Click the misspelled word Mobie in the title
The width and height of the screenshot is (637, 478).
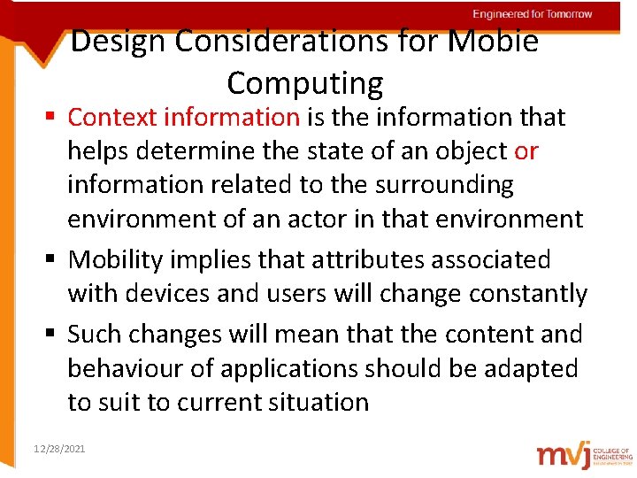[495, 42]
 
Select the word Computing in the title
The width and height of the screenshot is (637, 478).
[305, 83]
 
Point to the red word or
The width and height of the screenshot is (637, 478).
[526, 151]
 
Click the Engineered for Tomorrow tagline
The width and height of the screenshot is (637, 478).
[532, 14]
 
